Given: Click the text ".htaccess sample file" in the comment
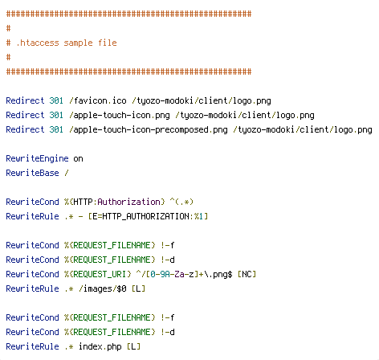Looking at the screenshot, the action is click(67, 43).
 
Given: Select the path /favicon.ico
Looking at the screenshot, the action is click(97, 100).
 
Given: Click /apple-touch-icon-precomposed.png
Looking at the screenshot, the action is click(149, 130).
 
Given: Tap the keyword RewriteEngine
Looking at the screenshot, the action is click(37, 158).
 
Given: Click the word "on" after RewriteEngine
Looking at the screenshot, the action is click(78, 159).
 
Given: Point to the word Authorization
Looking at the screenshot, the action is click(128, 202).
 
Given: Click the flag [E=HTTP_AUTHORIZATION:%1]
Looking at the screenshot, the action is click(148, 216).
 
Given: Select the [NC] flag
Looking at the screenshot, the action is click(247, 274).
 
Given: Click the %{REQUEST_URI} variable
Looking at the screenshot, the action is click(97, 274).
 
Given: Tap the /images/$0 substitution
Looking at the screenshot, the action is click(102, 288).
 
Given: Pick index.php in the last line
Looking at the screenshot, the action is click(100, 346).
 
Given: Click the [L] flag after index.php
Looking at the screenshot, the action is click(133, 346).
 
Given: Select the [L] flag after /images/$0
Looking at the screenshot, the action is click(138, 288).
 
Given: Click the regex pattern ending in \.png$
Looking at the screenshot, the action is click(184, 274).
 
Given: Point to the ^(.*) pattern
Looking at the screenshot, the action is click(181, 202).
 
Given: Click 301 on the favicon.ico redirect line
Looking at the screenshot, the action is click(56, 100).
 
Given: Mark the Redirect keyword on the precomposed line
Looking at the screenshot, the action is click(25, 129).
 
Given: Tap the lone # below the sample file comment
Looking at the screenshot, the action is click(8, 57).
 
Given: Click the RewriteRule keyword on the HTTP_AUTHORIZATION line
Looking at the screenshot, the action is click(32, 216).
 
